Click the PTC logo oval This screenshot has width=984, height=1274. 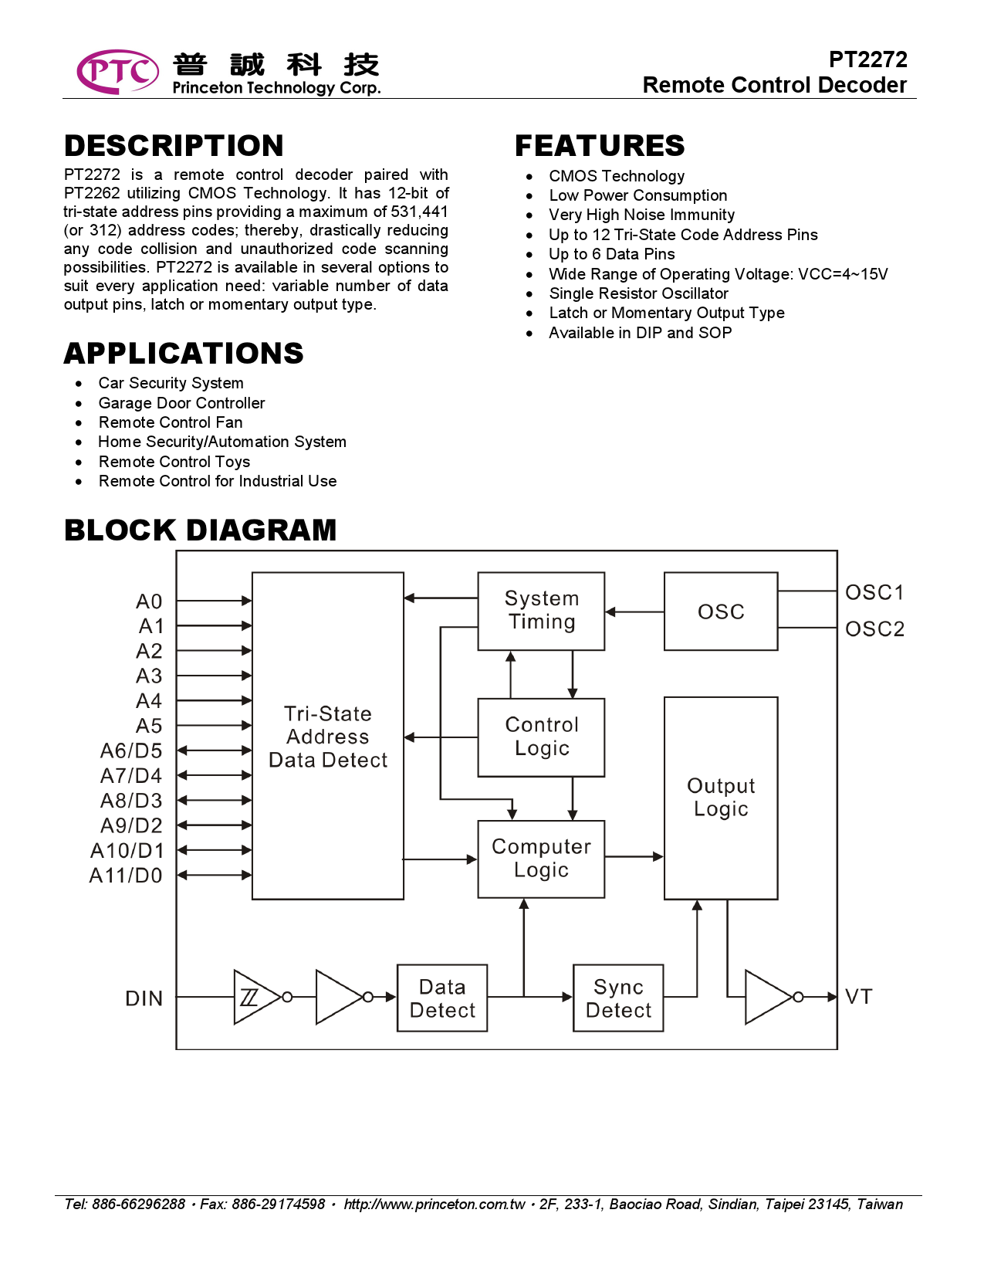point(117,72)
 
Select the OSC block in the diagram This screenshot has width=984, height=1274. point(720,612)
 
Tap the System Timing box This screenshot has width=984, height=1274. point(541,611)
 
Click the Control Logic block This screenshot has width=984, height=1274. point(541,737)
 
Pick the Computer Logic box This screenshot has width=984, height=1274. point(541,859)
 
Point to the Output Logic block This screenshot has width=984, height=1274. point(720,798)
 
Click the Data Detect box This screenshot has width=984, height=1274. point(442,998)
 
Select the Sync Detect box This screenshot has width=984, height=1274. point(618,998)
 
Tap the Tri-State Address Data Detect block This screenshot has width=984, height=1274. point(327,736)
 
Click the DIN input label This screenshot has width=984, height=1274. point(144,999)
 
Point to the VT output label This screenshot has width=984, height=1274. point(858,997)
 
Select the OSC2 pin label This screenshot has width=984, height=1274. point(874,629)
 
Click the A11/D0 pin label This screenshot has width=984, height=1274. point(126,876)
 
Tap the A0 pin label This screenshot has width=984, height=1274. point(149,601)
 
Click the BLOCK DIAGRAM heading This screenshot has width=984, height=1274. point(201,530)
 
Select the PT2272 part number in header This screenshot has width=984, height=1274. point(867,59)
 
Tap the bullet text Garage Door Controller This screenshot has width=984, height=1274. point(181,403)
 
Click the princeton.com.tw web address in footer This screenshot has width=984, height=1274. point(434,1205)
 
